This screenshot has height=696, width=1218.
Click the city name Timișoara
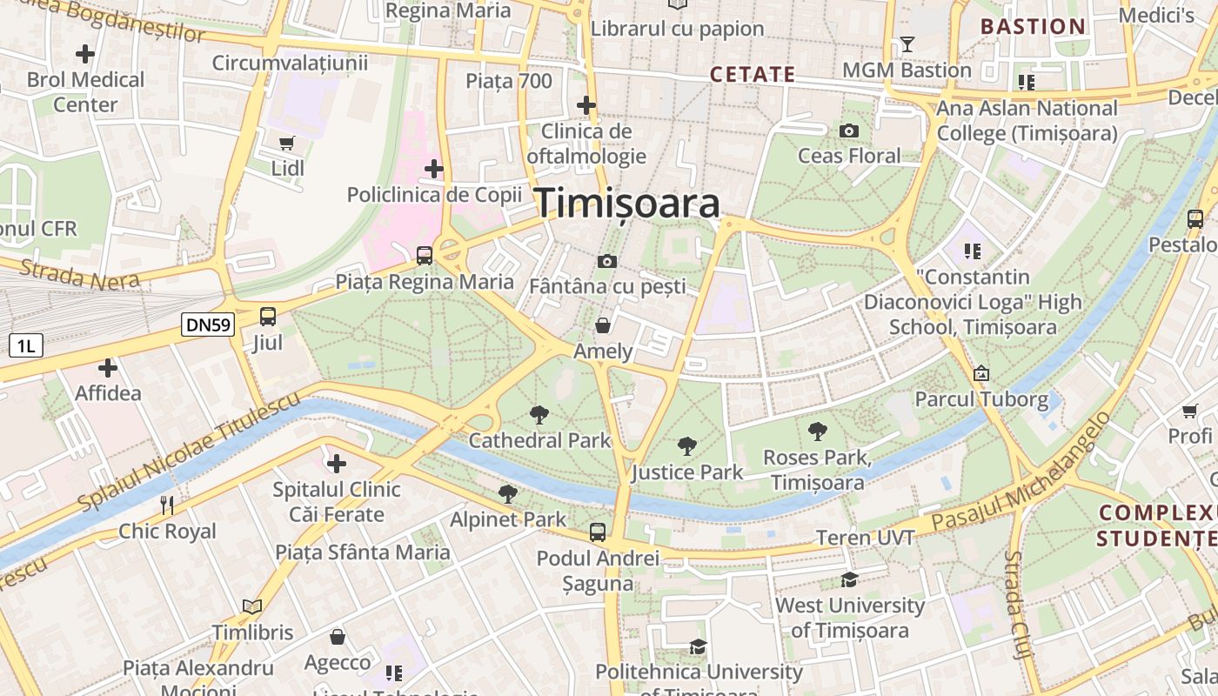pos(627,203)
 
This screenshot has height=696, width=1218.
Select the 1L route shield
pos(25,345)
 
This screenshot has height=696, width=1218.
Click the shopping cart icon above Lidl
pos(287,143)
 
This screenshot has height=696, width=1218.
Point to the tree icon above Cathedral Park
pos(539,415)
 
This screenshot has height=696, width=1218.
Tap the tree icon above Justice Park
pos(687,447)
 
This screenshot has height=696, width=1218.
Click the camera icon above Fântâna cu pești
pos(606,261)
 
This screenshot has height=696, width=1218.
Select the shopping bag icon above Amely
pos(602,326)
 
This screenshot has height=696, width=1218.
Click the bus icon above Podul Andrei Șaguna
pos(598,532)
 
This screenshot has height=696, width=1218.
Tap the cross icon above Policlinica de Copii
pos(433,169)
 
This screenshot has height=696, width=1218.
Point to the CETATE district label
pos(753,75)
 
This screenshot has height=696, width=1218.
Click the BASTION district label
pos(1034,26)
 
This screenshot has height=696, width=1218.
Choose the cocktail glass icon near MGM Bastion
pos(907,44)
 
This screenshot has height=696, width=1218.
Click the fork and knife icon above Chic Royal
pos(167,505)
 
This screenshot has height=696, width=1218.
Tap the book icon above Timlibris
pos(252,606)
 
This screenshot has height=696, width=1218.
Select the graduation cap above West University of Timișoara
pos(849,579)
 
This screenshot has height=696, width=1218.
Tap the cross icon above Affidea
pos(108,368)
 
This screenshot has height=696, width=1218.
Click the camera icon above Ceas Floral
pos(849,131)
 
